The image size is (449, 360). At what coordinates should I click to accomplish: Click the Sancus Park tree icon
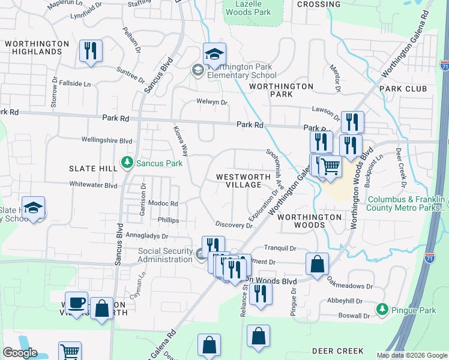[x=127, y=162]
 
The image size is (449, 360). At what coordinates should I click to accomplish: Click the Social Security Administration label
[x=164, y=255]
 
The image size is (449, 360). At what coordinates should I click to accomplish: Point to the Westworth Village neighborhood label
[x=239, y=181]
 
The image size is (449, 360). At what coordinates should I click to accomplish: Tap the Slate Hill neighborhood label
[x=93, y=169]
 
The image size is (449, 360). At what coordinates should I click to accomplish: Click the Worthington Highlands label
[x=37, y=48]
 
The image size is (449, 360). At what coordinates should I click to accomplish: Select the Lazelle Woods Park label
[x=247, y=7]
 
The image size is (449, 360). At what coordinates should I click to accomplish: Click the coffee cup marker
[x=76, y=302]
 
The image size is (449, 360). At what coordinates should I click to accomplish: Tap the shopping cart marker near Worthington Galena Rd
[x=330, y=166]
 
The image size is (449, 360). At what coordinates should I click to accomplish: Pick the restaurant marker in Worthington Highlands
[x=91, y=51]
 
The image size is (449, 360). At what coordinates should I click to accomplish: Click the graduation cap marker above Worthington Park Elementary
[x=214, y=54]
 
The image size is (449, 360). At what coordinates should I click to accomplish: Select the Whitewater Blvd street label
[x=93, y=185]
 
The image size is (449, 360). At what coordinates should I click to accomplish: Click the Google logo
[x=20, y=353]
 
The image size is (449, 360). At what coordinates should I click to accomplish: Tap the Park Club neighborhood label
[x=403, y=89]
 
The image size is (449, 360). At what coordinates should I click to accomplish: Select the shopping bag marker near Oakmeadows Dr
[x=317, y=264]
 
